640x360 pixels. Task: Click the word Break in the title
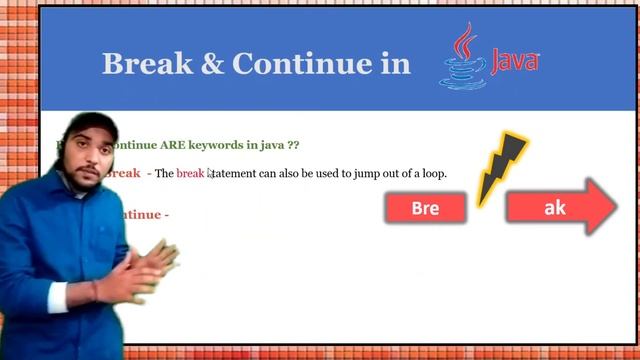tap(146, 64)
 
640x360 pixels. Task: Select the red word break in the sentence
tap(190, 174)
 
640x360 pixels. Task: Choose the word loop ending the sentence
tap(431, 174)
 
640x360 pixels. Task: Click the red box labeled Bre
tap(425, 208)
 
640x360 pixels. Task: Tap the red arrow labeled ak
tap(558, 207)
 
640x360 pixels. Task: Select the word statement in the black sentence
tap(235, 174)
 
